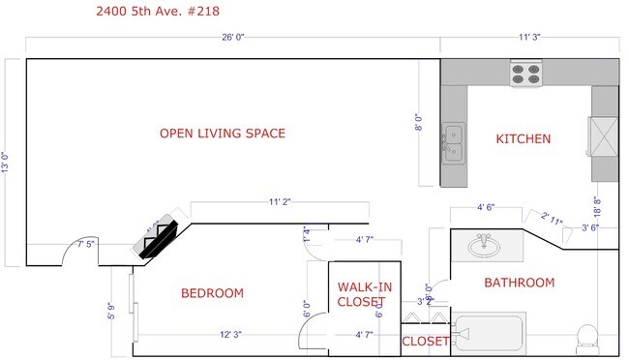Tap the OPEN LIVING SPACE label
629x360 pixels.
tap(223, 134)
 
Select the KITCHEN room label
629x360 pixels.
tap(524, 139)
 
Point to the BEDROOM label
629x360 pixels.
tap(212, 293)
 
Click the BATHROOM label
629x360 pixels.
tap(519, 283)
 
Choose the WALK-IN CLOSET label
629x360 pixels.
tap(364, 294)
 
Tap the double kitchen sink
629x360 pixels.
tap(452, 143)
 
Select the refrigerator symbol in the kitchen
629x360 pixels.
tap(604, 135)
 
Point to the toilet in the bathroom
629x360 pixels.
tap(585, 337)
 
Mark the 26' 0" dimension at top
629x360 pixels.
tap(232, 38)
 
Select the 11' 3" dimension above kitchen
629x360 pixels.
tap(528, 38)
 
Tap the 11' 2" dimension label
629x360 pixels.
tap(280, 202)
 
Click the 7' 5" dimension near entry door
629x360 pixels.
tap(86, 242)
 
